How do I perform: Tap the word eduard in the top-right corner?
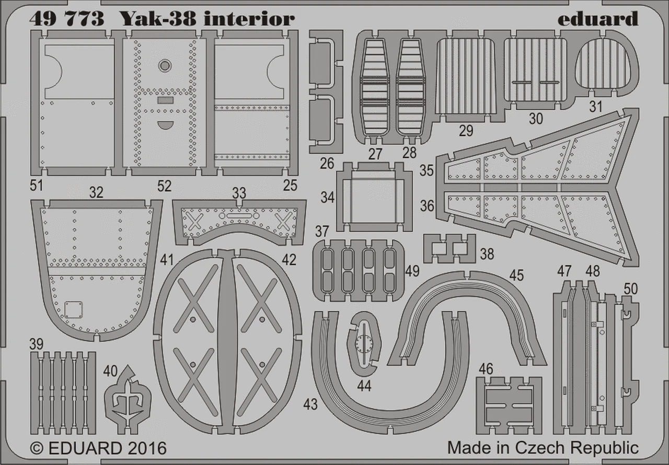point(597,19)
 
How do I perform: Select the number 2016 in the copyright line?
point(145,449)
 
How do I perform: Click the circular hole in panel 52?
point(165,65)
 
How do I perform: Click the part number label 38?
point(487,254)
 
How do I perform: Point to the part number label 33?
point(239,193)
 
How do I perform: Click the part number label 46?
point(486,369)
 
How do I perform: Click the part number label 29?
point(466,130)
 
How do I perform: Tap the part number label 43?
point(310,404)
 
